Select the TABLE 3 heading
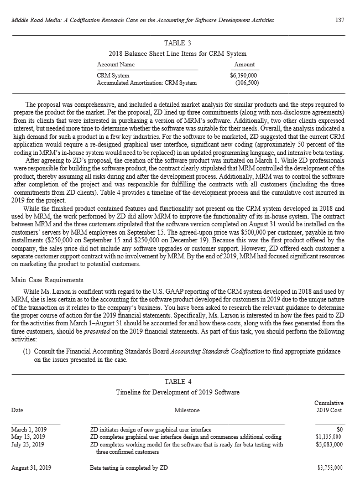pyautogui.click(x=178, y=43)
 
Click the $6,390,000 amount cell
pyautogui.click(x=244, y=75)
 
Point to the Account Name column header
pyautogui.click(x=116, y=65)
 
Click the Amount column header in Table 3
pyautogui.click(x=245, y=65)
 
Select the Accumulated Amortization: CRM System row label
pyautogui.click(x=147, y=83)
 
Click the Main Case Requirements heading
pyautogui.click(x=47, y=279)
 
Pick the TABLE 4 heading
pyautogui.click(x=178, y=381)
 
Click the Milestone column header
pyautogui.click(x=187, y=410)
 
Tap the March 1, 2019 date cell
pyautogui.click(x=29, y=429)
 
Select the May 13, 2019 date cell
pyautogui.click(x=29, y=437)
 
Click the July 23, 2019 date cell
pyautogui.click(x=28, y=444)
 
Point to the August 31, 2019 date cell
pyautogui.click(x=31, y=468)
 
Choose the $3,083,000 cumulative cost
pyautogui.click(x=328, y=444)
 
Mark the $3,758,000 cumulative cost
pyautogui.click(x=330, y=468)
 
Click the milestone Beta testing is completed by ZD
pyautogui.click(x=129, y=468)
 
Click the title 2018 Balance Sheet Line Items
pyautogui.click(x=178, y=54)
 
